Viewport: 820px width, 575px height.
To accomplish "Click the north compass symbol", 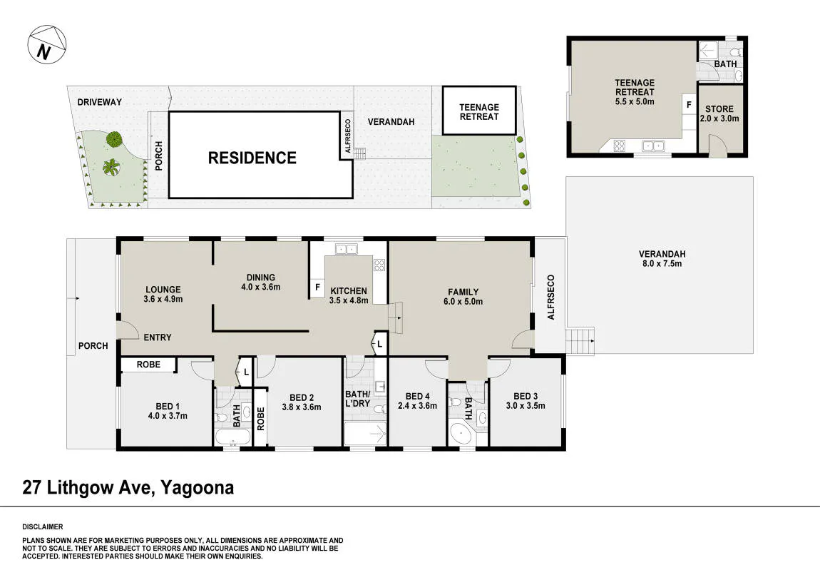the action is coord(47,44).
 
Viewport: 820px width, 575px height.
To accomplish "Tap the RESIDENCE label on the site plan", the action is coord(252,158).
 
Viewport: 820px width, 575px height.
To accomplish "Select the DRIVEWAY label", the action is coord(99,102).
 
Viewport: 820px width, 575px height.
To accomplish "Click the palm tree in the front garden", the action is coord(111,168).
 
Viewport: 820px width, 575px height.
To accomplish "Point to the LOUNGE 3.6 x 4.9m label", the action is coord(163,294).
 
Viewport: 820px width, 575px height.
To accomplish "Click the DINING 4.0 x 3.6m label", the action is coord(260,282).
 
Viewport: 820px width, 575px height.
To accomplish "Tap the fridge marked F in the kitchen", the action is coord(317,287).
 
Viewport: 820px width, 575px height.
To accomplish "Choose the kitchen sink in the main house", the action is coord(346,249).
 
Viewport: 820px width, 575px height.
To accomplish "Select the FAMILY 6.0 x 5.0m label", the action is coord(463,297).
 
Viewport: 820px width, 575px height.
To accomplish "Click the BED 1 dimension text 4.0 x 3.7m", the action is coord(168,416).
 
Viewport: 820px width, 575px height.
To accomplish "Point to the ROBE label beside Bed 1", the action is coord(148,365).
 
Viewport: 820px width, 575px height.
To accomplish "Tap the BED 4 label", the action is coord(417,396).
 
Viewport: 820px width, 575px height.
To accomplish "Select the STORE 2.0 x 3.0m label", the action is coord(719,113).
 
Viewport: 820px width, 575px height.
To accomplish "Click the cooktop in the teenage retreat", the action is coord(619,146).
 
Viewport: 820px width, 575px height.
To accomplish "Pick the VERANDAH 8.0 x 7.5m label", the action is coord(662,258).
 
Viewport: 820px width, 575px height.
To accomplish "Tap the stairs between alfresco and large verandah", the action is coord(580,341).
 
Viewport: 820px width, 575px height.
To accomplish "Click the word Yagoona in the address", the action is coord(197,488).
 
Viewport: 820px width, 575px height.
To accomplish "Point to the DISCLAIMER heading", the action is coord(42,527).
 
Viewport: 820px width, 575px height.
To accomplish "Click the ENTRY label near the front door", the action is coord(158,337).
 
